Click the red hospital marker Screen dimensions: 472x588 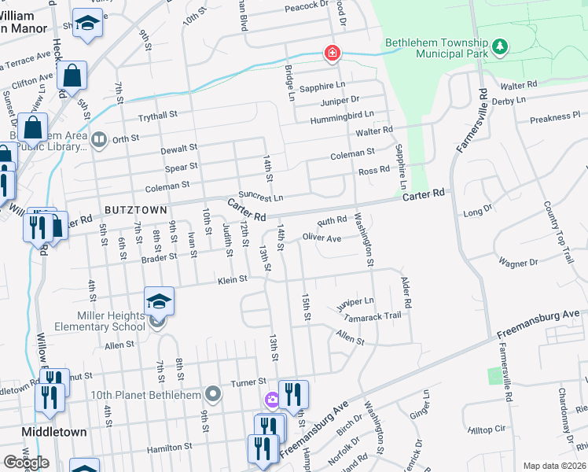333,53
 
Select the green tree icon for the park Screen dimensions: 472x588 498,48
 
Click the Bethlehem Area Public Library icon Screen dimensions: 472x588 99,141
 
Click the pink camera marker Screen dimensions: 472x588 272,400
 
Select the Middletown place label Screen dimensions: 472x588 53,433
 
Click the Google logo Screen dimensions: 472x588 26,463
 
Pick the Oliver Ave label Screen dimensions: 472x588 322,237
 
